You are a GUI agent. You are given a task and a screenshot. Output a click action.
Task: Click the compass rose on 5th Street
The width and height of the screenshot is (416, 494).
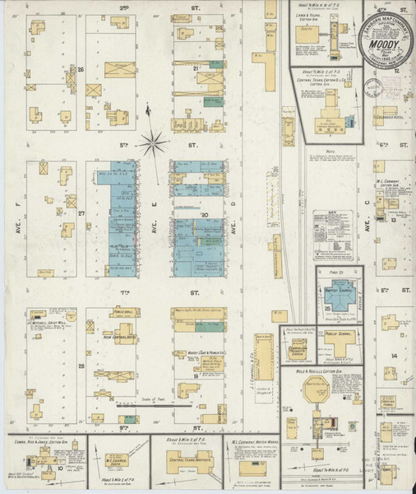[x=153, y=143]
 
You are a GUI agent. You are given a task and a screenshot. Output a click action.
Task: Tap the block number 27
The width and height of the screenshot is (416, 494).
[x=81, y=212]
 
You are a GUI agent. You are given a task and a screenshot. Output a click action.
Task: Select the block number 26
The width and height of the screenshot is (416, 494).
[x=81, y=70]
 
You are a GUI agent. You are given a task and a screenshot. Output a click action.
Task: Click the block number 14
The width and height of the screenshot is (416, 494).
[x=394, y=356]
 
